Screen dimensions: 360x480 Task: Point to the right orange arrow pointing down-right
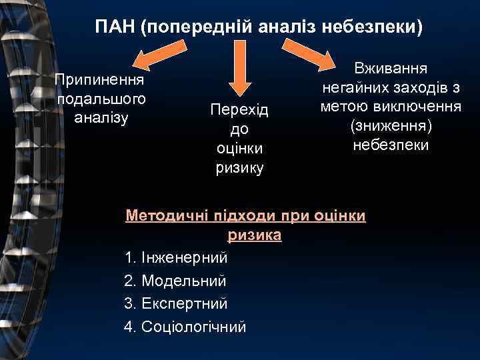click(327, 56)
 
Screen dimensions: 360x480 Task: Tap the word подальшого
click(101, 99)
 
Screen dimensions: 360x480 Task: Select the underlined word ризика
click(255, 235)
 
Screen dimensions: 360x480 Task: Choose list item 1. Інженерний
click(176, 257)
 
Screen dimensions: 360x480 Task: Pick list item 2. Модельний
click(175, 280)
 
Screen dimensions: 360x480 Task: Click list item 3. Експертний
click(176, 303)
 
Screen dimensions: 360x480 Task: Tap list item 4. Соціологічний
click(185, 327)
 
